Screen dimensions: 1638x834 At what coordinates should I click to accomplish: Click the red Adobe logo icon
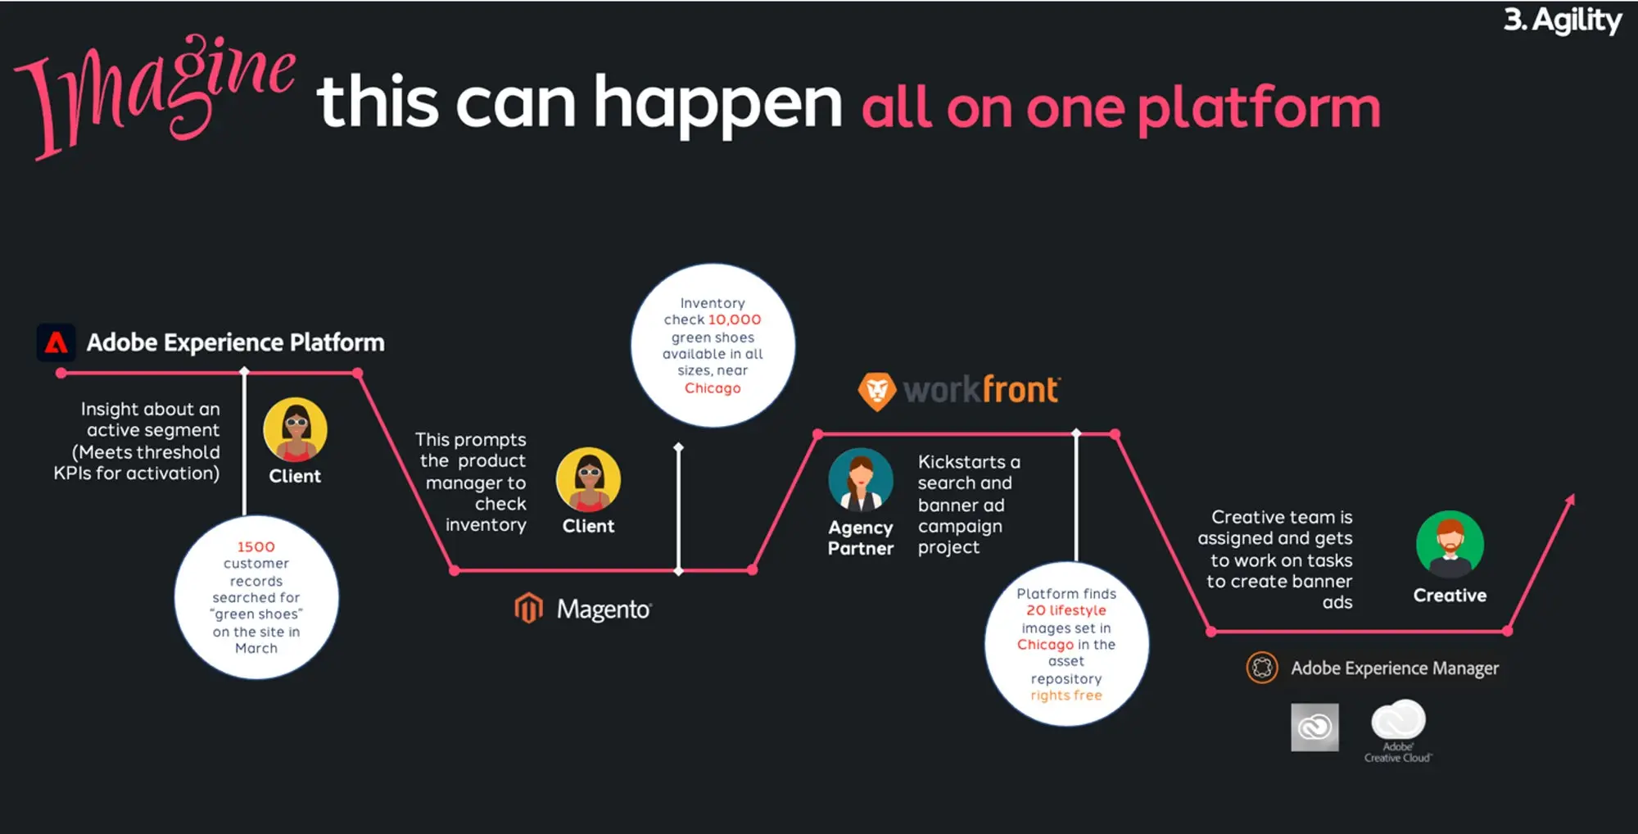tap(57, 342)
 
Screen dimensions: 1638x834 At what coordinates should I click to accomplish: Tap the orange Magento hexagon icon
tap(529, 608)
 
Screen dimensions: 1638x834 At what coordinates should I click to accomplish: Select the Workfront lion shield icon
tap(877, 391)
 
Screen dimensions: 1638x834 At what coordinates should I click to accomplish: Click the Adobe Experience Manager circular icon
tap(1262, 668)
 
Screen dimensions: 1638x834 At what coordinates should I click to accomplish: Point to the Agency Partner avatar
tap(861, 479)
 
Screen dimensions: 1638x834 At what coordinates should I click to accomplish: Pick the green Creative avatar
tap(1450, 544)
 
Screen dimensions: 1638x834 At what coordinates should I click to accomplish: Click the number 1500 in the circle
tap(256, 546)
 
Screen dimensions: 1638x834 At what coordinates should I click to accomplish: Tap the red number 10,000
tap(735, 320)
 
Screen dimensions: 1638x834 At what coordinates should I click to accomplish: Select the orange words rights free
tap(1066, 696)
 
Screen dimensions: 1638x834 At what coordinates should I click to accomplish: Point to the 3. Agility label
tap(1563, 20)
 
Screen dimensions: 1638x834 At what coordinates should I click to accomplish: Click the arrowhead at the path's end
tap(1571, 499)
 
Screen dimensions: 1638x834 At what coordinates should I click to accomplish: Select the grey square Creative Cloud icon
tap(1314, 727)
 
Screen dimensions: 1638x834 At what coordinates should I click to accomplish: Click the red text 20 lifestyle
tap(1066, 610)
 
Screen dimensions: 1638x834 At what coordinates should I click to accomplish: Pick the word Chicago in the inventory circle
tap(713, 388)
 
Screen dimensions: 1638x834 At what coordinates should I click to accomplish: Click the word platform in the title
tap(1259, 107)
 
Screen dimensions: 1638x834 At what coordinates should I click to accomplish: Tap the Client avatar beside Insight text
tap(296, 429)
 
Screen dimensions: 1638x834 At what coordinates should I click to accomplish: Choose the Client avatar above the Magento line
tap(588, 479)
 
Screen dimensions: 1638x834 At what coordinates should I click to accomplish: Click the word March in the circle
tap(256, 648)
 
